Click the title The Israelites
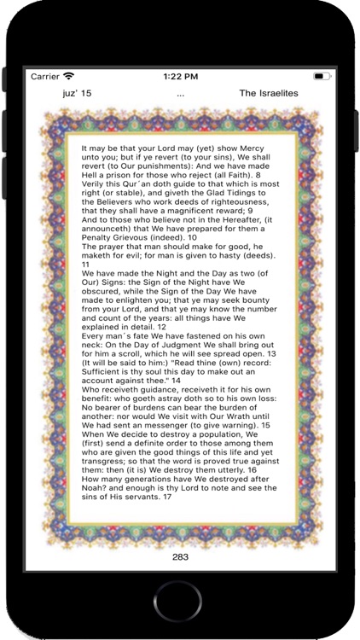(268, 93)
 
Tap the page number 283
(180, 556)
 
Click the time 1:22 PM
(179, 77)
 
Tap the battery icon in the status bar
(322, 77)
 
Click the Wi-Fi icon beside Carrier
(68, 77)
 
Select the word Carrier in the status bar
(44, 77)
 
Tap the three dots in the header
(180, 94)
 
